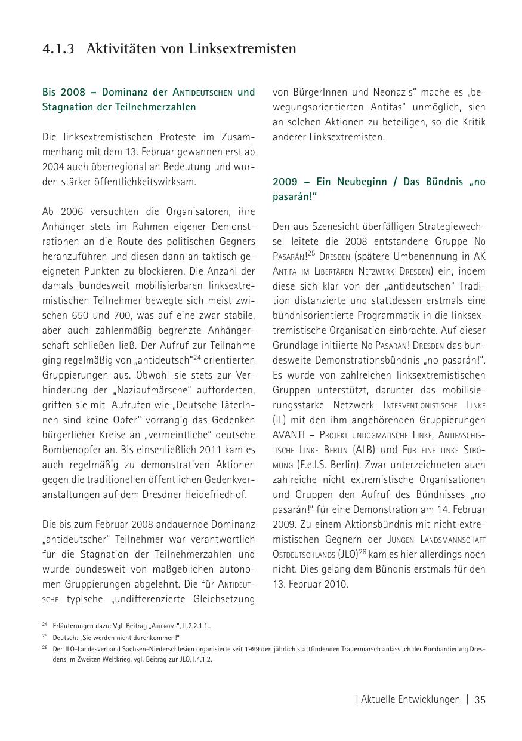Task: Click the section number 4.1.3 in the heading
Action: [x=58, y=49]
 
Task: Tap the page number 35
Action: [x=480, y=700]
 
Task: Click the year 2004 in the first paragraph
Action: [x=53, y=167]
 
